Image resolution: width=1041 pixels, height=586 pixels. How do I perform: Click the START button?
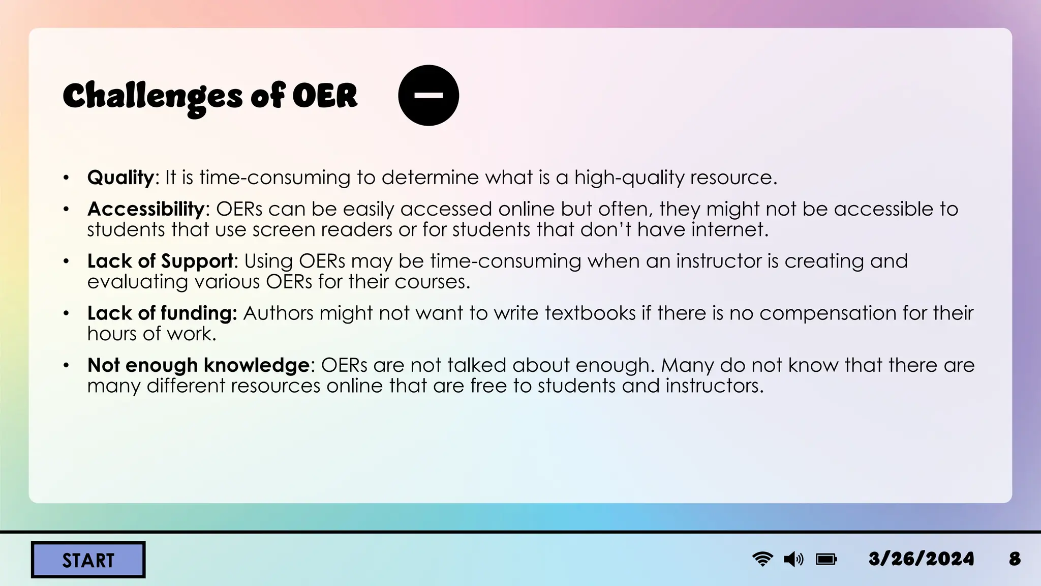pos(88,560)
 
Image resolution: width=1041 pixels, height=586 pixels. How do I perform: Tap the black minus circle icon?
pos(428,95)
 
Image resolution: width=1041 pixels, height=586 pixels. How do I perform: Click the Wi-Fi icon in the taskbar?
pos(762,559)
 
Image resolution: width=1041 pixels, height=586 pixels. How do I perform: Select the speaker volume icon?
pos(793,560)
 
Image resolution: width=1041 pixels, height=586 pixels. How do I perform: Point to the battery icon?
pos(826,560)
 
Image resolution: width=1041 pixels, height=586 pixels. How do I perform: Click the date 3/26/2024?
pos(921,559)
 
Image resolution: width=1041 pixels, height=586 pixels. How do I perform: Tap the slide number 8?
pos(1015,559)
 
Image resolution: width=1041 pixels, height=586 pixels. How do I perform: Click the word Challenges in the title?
pos(152,97)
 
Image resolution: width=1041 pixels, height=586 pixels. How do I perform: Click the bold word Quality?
pos(120,178)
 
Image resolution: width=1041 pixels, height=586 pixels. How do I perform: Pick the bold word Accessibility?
pos(146,209)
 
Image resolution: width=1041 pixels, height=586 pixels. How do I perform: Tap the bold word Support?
pos(197,261)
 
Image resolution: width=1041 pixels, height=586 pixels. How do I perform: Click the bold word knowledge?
pos(257,365)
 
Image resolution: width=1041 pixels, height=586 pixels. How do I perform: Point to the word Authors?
pos(278,313)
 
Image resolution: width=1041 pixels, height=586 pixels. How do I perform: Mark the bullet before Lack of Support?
pos(66,261)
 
